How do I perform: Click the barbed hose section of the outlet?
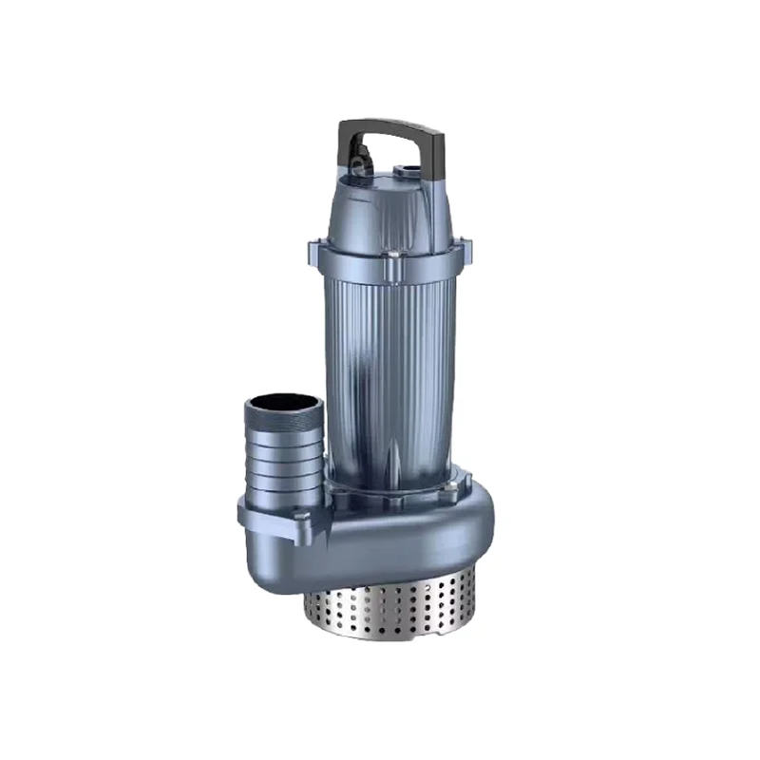click(x=285, y=465)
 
